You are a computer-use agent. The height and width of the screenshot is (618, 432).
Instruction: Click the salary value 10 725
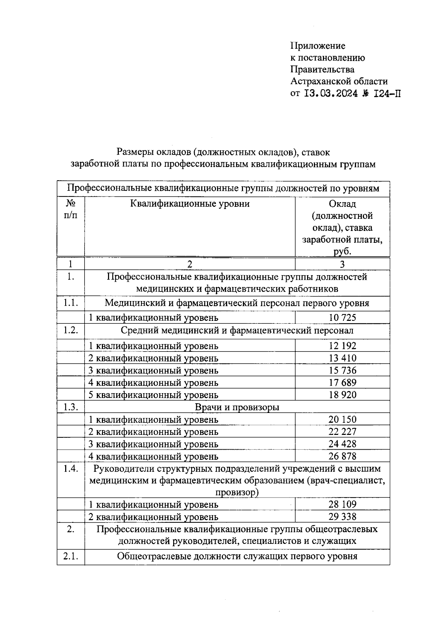tap(342, 318)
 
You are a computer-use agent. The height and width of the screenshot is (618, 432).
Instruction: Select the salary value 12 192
tap(342, 346)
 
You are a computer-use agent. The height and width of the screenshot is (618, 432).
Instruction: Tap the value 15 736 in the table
tap(342, 371)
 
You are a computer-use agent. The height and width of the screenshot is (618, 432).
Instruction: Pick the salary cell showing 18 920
tap(342, 395)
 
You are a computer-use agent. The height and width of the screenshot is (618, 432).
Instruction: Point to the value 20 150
tap(342, 419)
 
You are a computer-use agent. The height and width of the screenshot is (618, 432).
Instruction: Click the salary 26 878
tap(342, 456)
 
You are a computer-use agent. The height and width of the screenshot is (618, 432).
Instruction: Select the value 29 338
tap(342, 517)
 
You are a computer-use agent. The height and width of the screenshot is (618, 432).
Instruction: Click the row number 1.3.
tap(71, 407)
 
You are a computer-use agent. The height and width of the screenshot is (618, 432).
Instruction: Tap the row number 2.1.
tap(71, 556)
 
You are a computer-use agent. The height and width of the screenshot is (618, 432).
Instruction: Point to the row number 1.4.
tap(71, 469)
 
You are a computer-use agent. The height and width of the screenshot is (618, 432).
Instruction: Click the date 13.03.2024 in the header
tap(331, 94)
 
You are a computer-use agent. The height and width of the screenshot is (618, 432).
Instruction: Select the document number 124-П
tap(387, 94)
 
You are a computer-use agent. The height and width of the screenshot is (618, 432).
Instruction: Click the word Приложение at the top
tap(318, 46)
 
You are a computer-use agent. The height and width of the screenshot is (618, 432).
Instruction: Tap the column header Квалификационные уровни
tap(190, 204)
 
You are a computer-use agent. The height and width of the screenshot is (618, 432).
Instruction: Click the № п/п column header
tap(71, 209)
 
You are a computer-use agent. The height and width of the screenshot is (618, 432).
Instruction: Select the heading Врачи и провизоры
tap(237, 407)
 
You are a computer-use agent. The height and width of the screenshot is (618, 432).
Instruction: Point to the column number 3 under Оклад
tap(342, 264)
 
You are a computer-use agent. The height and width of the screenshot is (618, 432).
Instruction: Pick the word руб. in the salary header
tap(342, 251)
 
